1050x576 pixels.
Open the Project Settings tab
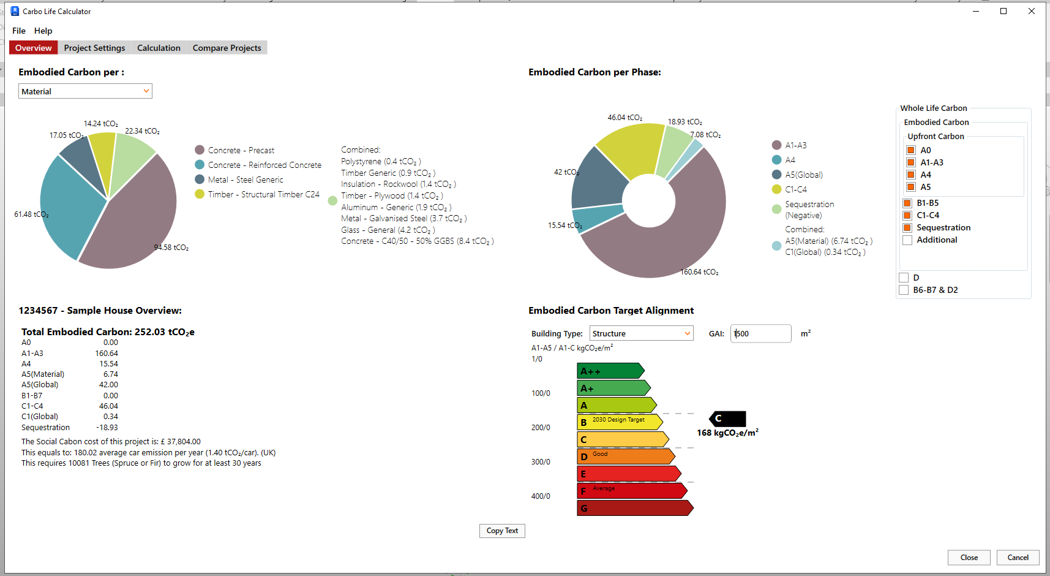pyautogui.click(x=94, y=48)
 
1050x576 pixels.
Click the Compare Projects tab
pyautogui.click(x=227, y=48)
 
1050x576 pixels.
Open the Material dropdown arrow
pyautogui.click(x=146, y=91)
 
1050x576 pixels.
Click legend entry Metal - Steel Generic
pyautogui.click(x=245, y=180)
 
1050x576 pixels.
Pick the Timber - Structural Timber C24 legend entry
pyautogui.click(x=263, y=194)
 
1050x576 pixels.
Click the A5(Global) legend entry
pyautogui.click(x=803, y=175)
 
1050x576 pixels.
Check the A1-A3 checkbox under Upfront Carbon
pyautogui.click(x=911, y=162)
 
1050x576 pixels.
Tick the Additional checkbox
pyautogui.click(x=907, y=240)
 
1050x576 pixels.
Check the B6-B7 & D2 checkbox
pyautogui.click(x=904, y=290)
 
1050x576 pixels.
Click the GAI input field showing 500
pyautogui.click(x=760, y=333)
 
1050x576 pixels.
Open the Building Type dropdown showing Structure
pyautogui.click(x=641, y=333)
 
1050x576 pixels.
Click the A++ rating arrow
pyautogui.click(x=610, y=371)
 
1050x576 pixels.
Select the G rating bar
pyautogui.click(x=634, y=508)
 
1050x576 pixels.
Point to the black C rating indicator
pyautogui.click(x=728, y=419)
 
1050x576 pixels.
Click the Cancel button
pyautogui.click(x=1018, y=557)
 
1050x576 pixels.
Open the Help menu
pyautogui.click(x=43, y=31)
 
